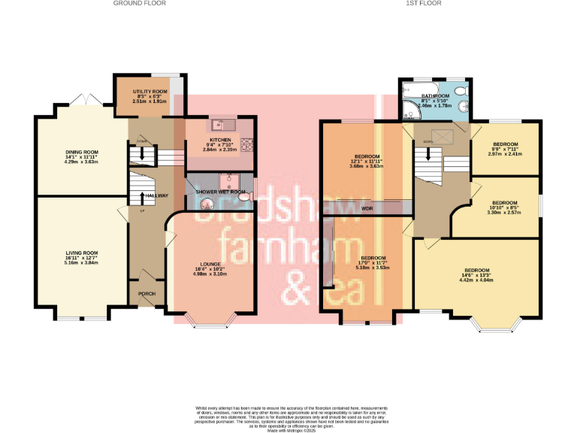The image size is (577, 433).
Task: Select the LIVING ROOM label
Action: coord(81,253)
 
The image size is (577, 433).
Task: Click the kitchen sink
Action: coord(223,125)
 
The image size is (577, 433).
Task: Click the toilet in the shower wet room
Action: coord(248,195)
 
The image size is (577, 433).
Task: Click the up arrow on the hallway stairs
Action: coord(143,198)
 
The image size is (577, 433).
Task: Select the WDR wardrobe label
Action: coord(367,208)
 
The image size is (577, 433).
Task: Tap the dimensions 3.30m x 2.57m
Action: coord(504,213)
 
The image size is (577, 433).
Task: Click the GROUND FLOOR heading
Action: coord(140,4)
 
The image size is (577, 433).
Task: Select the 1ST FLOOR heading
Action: coord(424,4)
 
